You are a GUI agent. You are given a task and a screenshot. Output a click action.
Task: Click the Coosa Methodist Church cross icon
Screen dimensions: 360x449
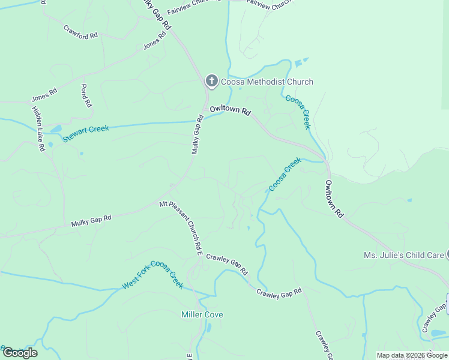tap(211, 81)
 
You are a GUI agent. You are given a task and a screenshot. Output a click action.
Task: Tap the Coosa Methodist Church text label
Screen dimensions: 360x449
tap(267, 82)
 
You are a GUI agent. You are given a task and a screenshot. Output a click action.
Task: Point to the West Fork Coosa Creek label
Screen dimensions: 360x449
tap(152, 275)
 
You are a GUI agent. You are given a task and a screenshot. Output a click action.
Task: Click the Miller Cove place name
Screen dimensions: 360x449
tap(202, 314)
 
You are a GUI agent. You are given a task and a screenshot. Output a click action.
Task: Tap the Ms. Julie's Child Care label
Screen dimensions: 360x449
tap(403, 255)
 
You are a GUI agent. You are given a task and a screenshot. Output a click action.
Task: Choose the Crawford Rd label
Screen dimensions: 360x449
tap(80, 32)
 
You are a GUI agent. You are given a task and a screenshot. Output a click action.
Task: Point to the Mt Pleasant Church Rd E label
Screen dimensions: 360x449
tap(181, 226)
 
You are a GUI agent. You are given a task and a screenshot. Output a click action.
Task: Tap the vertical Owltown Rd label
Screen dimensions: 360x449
tap(334, 199)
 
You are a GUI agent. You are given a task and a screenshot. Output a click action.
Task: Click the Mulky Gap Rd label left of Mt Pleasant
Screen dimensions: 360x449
tap(91, 221)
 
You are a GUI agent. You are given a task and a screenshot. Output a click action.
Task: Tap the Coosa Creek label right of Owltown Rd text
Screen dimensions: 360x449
tap(298, 112)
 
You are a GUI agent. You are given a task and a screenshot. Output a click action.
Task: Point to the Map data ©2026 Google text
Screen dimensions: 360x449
tap(411, 355)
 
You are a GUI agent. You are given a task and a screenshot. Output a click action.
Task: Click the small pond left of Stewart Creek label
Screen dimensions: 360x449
tap(55, 129)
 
